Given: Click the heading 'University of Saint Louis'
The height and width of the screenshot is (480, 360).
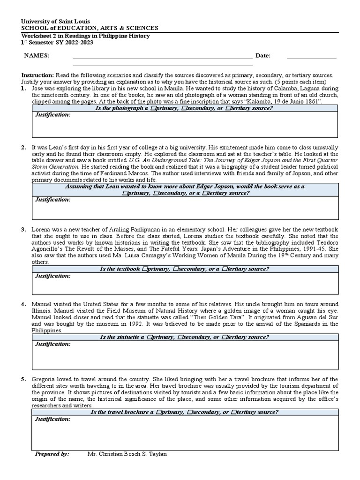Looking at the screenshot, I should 56,22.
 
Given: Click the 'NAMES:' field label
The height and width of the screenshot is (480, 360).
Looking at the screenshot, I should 37,56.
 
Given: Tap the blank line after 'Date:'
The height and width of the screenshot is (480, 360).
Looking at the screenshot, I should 311,56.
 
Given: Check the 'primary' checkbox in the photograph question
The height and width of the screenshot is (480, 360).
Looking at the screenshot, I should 153,108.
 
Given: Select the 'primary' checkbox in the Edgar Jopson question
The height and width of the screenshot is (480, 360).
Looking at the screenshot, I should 125,193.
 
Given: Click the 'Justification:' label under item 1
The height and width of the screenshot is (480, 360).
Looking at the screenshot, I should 52,115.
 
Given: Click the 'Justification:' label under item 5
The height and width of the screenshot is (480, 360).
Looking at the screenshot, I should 52,419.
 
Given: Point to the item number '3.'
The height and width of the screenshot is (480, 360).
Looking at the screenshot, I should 23,230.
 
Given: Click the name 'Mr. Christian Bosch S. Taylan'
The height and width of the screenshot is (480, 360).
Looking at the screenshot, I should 127,454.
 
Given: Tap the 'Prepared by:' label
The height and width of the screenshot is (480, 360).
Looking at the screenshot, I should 52,454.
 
